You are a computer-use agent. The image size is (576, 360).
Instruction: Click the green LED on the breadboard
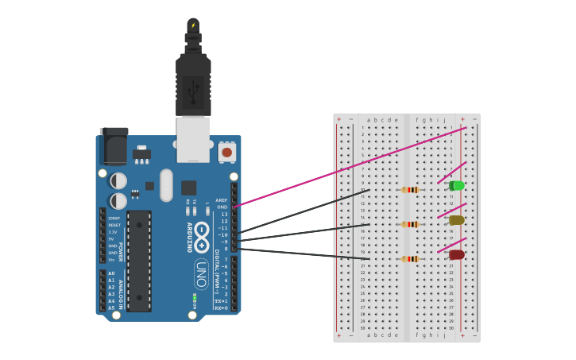[457, 186]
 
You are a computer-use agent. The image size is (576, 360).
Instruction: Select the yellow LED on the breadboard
[457, 220]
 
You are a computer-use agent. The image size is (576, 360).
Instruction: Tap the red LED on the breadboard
[457, 255]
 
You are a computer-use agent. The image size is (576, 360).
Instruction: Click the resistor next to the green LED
[410, 189]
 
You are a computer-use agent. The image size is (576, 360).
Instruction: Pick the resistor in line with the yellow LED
[410, 224]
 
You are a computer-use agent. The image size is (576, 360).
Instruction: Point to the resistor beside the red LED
[410, 258]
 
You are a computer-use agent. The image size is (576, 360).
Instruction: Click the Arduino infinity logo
[202, 233]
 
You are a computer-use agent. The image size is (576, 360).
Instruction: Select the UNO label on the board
[202, 273]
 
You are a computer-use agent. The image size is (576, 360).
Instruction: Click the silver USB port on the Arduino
[193, 139]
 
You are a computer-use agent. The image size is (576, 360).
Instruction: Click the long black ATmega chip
[138, 261]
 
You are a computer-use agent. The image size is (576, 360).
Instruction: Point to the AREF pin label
[222, 200]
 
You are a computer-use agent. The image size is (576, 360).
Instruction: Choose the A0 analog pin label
[111, 273]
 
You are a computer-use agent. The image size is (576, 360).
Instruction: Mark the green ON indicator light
[195, 299]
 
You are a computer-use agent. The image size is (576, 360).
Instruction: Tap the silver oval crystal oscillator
[166, 185]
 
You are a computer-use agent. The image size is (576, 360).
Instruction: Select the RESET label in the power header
[114, 225]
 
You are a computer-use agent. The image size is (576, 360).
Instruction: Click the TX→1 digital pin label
[222, 301]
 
